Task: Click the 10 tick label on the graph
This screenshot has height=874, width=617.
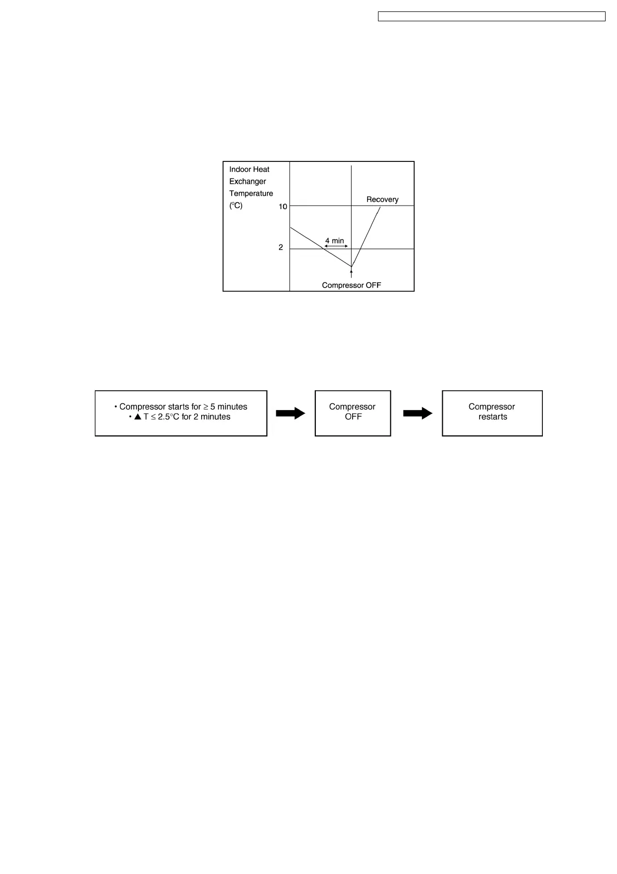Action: tap(283, 207)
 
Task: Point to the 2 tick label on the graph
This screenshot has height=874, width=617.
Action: tap(281, 248)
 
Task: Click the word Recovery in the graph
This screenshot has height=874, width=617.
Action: tap(382, 199)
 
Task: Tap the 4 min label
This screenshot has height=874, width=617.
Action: tap(334, 241)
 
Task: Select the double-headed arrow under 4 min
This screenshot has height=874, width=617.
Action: tap(336, 247)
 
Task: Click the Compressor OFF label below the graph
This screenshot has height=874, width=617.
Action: tap(351, 285)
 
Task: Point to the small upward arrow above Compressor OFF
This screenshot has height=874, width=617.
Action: tap(352, 272)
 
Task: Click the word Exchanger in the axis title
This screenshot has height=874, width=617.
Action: tap(248, 181)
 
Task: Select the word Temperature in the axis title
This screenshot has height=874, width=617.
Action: tap(251, 194)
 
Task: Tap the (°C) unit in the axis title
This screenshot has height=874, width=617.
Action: tap(236, 206)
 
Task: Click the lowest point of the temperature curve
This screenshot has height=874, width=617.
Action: tap(352, 267)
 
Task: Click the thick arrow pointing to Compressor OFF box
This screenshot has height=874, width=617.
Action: tap(291, 413)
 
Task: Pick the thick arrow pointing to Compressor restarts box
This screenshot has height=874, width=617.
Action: tap(418, 413)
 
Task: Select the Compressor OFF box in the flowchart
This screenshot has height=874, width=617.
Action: tap(353, 413)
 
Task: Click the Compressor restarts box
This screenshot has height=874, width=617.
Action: tap(492, 413)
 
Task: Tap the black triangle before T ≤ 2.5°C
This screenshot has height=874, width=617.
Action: tap(138, 417)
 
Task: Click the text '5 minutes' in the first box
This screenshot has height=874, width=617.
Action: tap(229, 406)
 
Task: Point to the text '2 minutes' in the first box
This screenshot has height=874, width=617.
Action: tap(212, 417)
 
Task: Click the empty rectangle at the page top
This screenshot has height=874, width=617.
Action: tap(492, 17)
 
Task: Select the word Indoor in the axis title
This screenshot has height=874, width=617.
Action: tap(240, 169)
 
